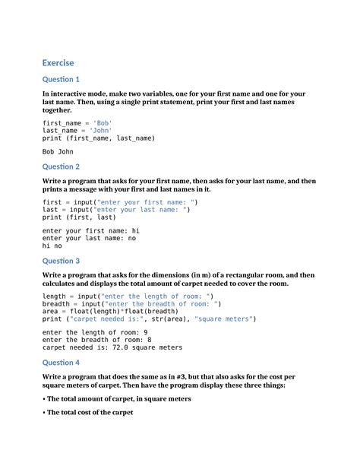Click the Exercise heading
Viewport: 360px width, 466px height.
click(x=58, y=62)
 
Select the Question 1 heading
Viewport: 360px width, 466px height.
click(x=62, y=80)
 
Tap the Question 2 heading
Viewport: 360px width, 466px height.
click(x=62, y=166)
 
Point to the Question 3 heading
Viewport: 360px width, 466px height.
click(x=62, y=261)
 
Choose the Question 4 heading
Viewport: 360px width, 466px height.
click(x=62, y=363)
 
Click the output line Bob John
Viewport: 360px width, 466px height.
click(x=58, y=151)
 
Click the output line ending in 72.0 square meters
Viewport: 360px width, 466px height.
click(x=112, y=347)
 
